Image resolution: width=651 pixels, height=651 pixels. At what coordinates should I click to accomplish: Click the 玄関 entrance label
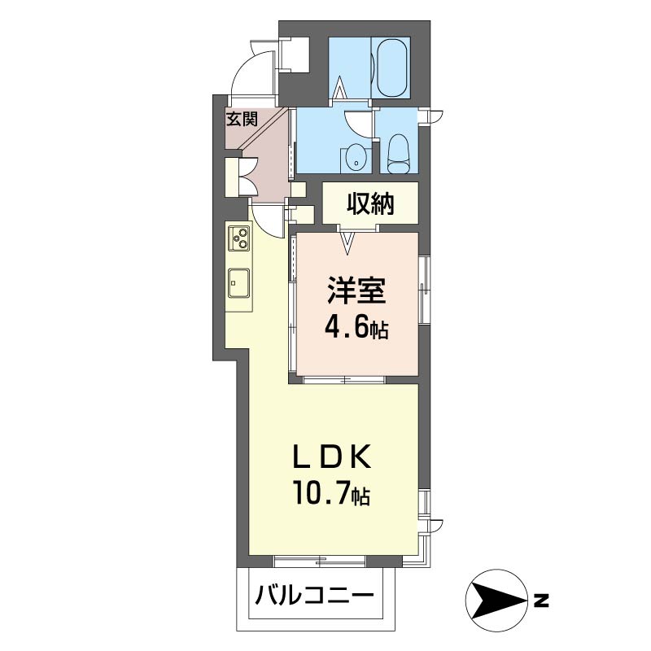click(242, 120)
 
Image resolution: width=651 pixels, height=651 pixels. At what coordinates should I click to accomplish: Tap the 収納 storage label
click(371, 203)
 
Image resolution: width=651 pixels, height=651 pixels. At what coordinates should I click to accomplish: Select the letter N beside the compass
click(541, 602)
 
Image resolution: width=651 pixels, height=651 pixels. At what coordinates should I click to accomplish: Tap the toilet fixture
click(398, 153)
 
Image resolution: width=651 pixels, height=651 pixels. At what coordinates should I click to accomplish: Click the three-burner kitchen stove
click(241, 238)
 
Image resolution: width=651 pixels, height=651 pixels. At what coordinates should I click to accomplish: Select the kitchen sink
click(239, 282)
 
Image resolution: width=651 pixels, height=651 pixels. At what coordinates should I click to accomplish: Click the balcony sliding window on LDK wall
click(319, 560)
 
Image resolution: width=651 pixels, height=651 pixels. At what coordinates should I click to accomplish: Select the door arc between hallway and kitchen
click(267, 216)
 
